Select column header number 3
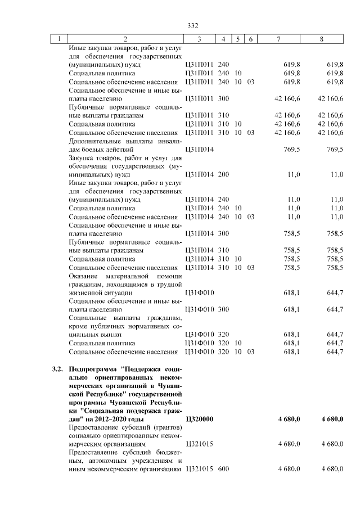point(200,39)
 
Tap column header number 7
point(279,39)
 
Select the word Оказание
point(84,276)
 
